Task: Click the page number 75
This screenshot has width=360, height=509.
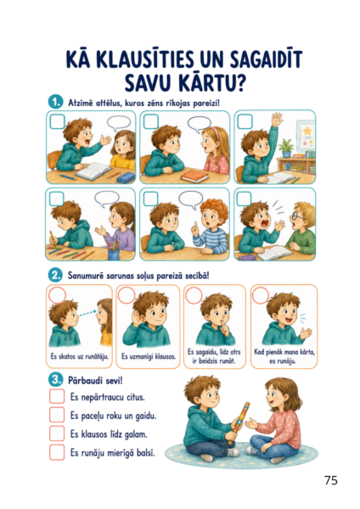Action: [x=331, y=480]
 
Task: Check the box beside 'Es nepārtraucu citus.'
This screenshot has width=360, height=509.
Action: [x=57, y=396]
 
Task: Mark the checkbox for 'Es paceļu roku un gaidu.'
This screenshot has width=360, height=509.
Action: [x=57, y=415]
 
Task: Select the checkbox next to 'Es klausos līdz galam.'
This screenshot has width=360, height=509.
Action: [x=57, y=433]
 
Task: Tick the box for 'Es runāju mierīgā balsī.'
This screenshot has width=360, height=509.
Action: [x=57, y=452]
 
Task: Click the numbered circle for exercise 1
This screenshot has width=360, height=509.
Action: [x=55, y=103]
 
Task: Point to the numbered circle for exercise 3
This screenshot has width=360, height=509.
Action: [x=55, y=380]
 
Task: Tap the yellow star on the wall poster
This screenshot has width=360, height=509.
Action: [x=307, y=131]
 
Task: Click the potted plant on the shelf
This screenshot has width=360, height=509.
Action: [x=286, y=148]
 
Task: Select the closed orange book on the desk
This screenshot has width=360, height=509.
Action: [x=194, y=176]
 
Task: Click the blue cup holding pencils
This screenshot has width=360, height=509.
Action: [x=114, y=255]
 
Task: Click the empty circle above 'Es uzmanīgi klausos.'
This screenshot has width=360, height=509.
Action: [x=127, y=295]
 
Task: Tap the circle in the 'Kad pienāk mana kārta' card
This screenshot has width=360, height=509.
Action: [x=261, y=295]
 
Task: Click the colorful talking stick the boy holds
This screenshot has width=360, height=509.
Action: [x=239, y=422]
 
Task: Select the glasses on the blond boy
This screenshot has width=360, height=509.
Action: [x=297, y=216]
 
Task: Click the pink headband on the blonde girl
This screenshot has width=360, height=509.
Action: [x=213, y=131]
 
